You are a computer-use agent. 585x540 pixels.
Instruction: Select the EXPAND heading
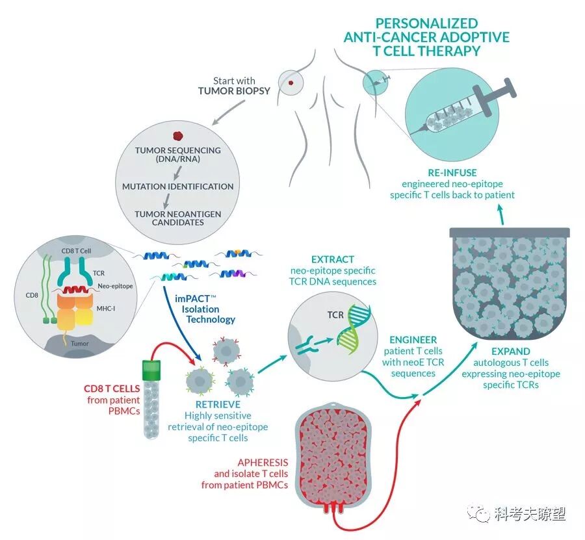[x=511, y=352]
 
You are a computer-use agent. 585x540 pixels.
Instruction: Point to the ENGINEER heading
[x=413, y=340]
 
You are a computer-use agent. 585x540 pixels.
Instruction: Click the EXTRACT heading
[x=333, y=258]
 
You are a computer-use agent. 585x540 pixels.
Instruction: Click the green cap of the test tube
[x=151, y=370]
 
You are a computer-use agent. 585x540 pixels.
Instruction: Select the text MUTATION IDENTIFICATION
[x=177, y=186]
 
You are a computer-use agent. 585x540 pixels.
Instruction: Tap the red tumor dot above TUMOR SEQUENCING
[x=177, y=137]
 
